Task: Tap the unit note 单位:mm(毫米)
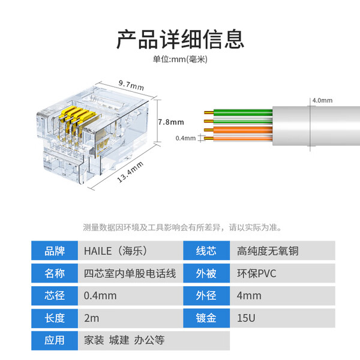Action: pyautogui.click(x=180, y=59)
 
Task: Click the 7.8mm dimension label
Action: pyautogui.click(x=171, y=122)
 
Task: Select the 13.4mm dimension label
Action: pyautogui.click(x=127, y=172)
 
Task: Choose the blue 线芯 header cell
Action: pyautogui.click(x=206, y=251)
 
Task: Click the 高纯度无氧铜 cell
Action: pyautogui.click(x=282, y=251)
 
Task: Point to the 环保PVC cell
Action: pyautogui.click(x=282, y=274)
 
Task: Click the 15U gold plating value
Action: pyautogui.click(x=282, y=318)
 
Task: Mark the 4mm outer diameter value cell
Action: pyautogui.click(x=282, y=296)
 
